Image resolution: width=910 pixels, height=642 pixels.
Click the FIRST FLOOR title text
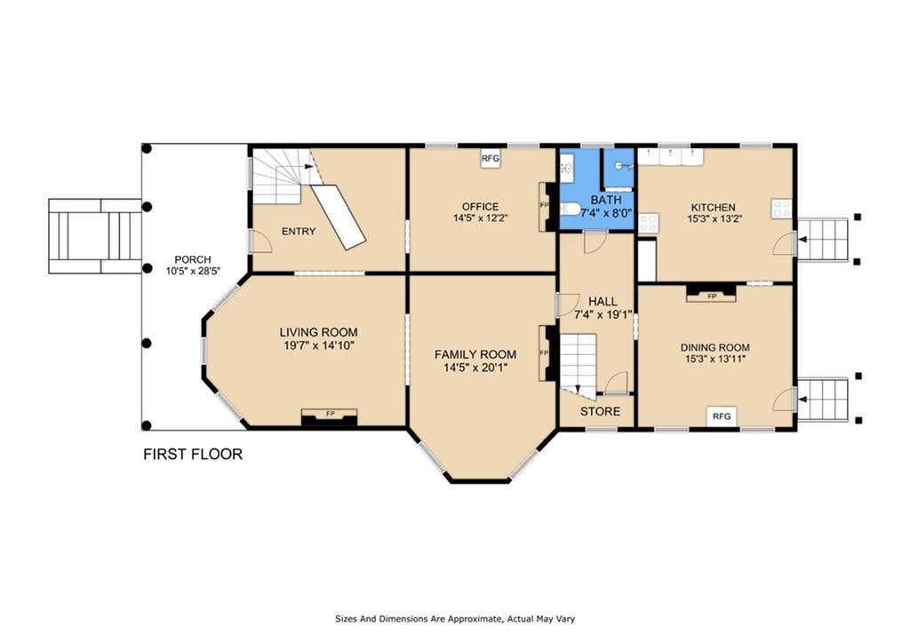coord(193,454)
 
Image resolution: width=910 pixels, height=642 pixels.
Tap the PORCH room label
coord(193,259)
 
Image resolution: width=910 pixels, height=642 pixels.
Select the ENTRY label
coord(299,232)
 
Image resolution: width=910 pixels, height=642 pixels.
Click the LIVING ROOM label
coord(318,332)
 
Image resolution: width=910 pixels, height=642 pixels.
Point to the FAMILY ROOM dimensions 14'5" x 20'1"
coord(475,367)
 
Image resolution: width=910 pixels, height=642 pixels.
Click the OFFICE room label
coord(480,207)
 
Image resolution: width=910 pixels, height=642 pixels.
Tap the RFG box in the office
coord(491,158)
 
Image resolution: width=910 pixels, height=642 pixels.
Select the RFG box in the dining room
coord(722,416)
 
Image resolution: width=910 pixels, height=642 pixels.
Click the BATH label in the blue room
coord(606,200)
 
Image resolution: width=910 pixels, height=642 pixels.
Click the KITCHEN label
coord(714,207)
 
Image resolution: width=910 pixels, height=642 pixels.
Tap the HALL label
coord(603,302)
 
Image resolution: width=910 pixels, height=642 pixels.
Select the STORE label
coord(600,412)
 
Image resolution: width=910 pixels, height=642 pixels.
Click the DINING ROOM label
coord(715,347)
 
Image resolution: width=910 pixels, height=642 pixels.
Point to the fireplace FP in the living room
coord(329,416)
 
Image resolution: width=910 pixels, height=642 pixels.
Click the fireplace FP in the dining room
coord(712,293)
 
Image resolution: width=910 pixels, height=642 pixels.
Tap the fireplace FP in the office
coord(547,207)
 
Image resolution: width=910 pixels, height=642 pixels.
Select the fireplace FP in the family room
coord(547,353)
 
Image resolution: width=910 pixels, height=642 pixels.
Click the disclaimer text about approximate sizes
coord(455,619)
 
